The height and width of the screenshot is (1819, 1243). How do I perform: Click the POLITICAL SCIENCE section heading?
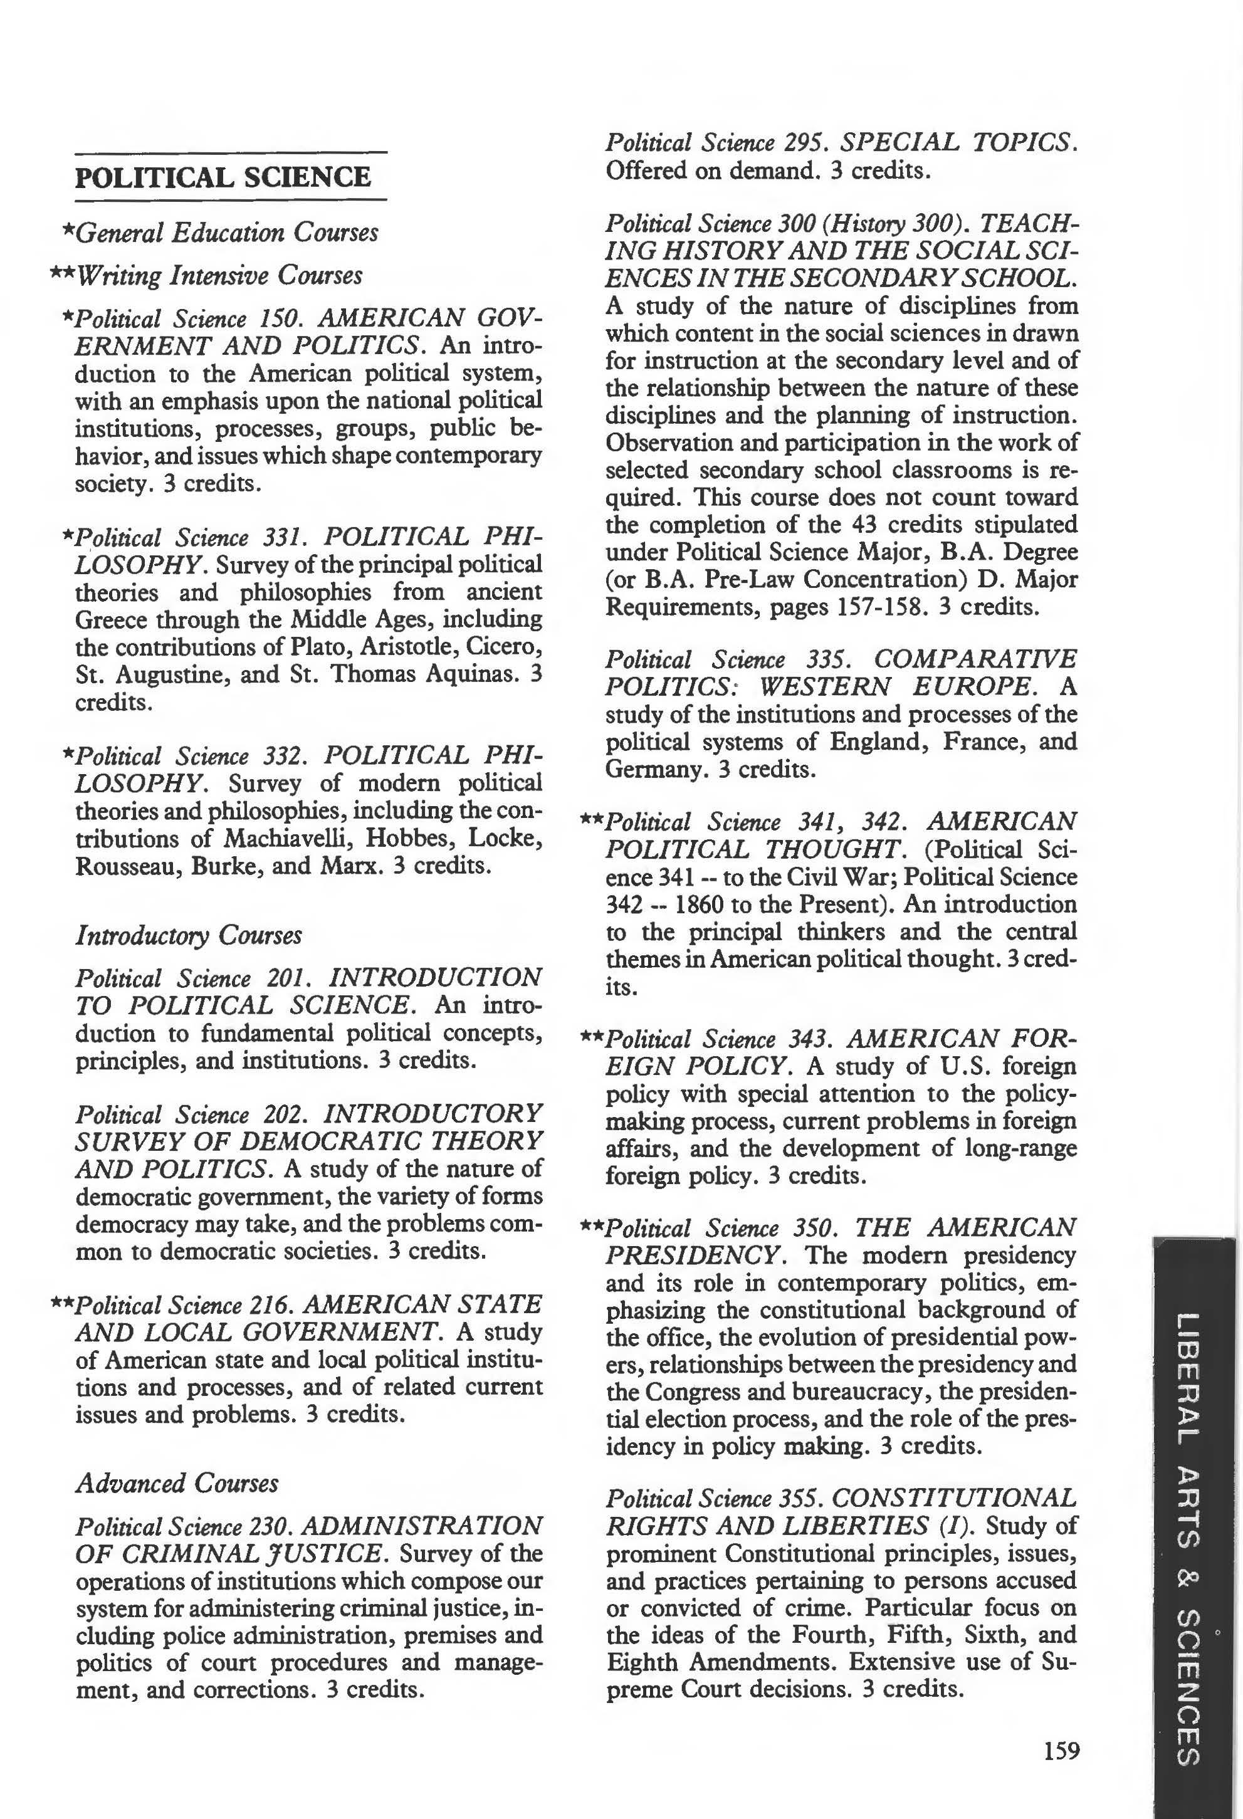[223, 177]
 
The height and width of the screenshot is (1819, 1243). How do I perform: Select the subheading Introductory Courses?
[188, 935]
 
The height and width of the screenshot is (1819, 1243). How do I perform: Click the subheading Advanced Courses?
[177, 1482]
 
